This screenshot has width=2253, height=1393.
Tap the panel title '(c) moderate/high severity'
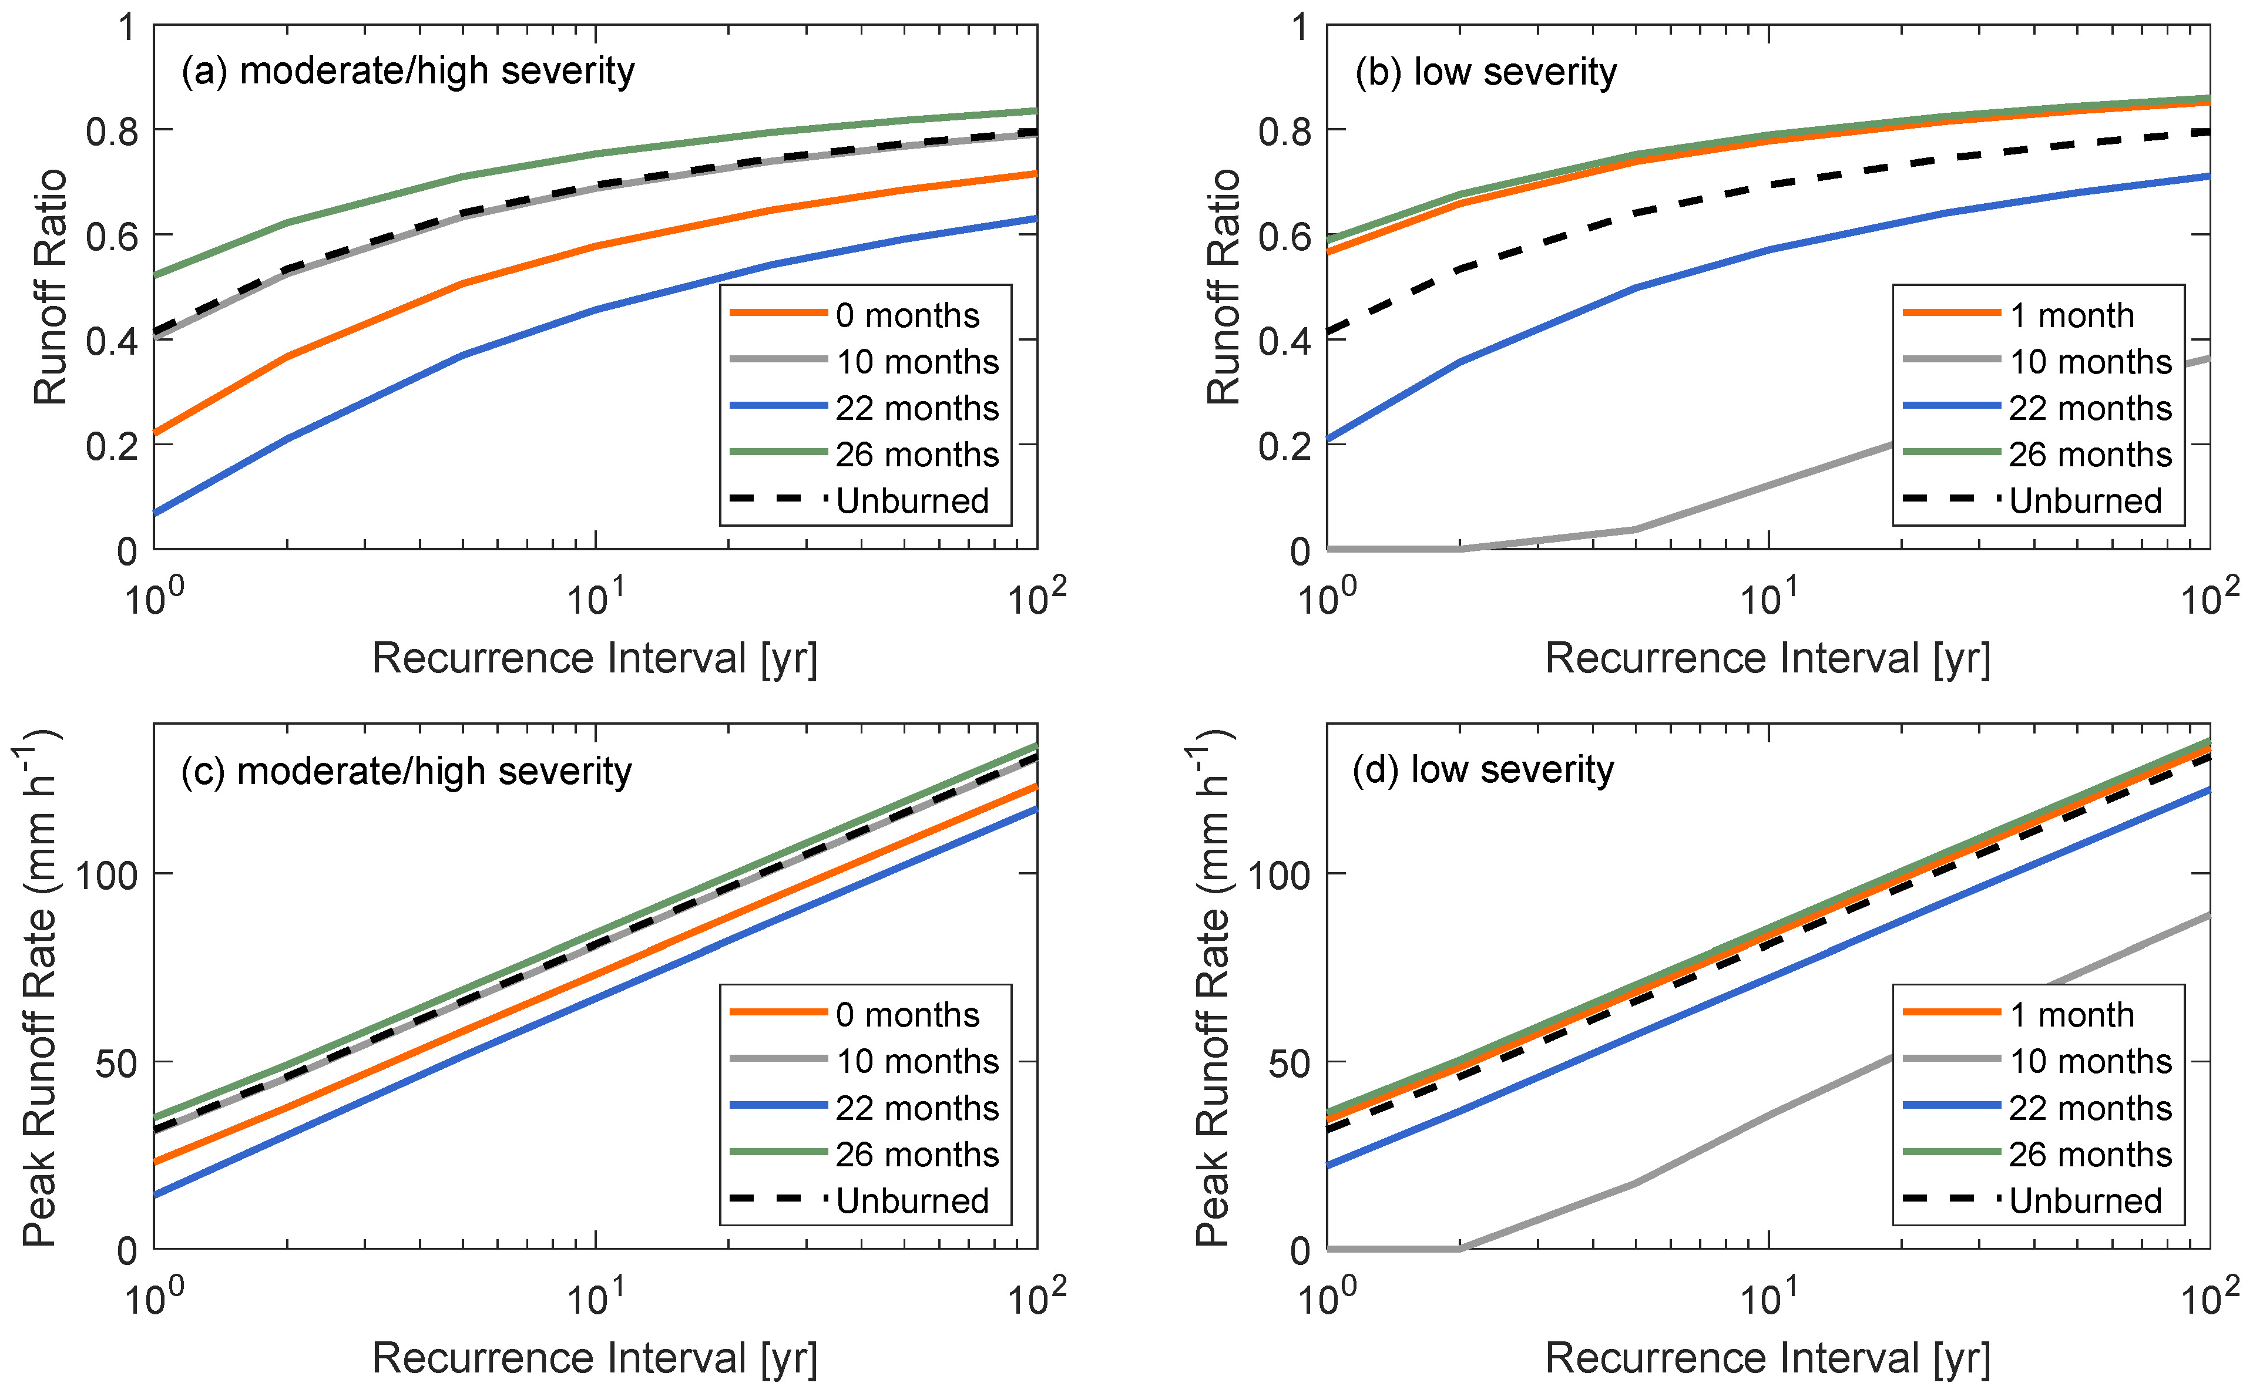pyautogui.click(x=407, y=771)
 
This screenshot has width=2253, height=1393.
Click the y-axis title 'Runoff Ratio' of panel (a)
pyautogui.click(x=51, y=287)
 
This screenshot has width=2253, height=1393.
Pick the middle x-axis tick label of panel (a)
pyautogui.click(x=595, y=600)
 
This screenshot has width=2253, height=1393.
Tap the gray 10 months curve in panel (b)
pyautogui.click(x=1770, y=484)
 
